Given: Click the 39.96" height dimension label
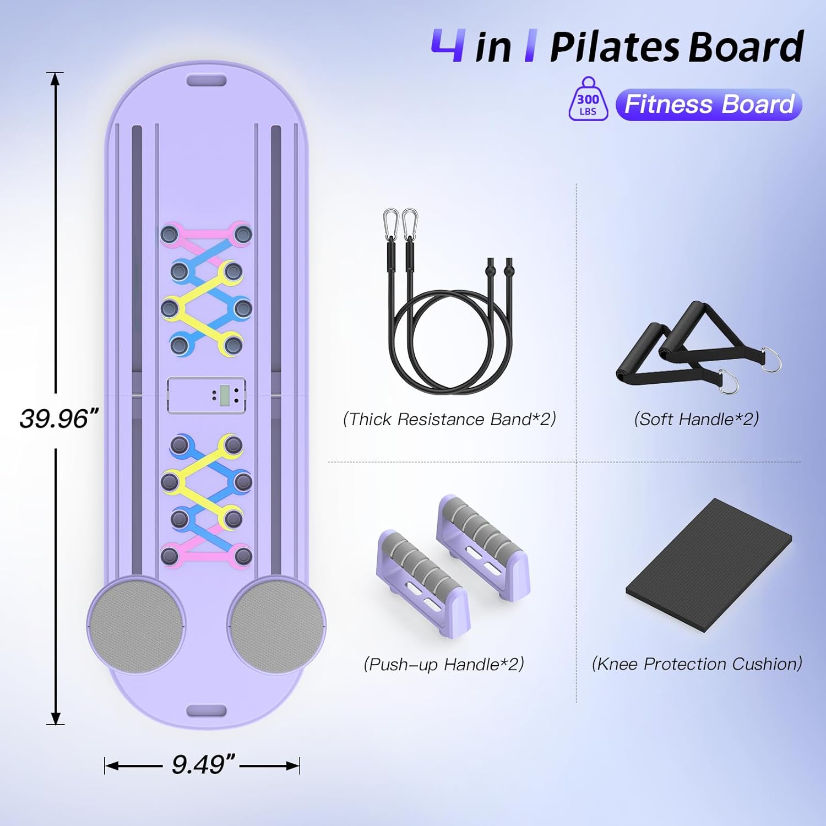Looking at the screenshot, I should [x=58, y=419].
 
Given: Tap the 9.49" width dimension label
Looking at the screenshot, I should [x=203, y=765].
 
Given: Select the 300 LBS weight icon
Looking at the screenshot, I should [x=588, y=100].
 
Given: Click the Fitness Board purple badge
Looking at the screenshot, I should [x=709, y=105].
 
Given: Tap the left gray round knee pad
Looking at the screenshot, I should [x=136, y=625].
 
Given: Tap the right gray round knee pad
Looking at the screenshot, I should [x=276, y=625].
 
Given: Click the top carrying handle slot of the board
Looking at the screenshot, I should [x=206, y=81].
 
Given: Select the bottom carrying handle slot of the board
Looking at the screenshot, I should [x=206, y=710].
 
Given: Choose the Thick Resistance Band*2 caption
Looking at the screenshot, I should [x=449, y=420].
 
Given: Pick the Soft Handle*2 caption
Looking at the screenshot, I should [x=696, y=420].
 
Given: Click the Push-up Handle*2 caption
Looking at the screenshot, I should [x=444, y=664].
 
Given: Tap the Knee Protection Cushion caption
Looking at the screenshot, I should [x=697, y=664].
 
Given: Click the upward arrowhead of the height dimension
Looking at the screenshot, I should [x=55, y=80].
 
